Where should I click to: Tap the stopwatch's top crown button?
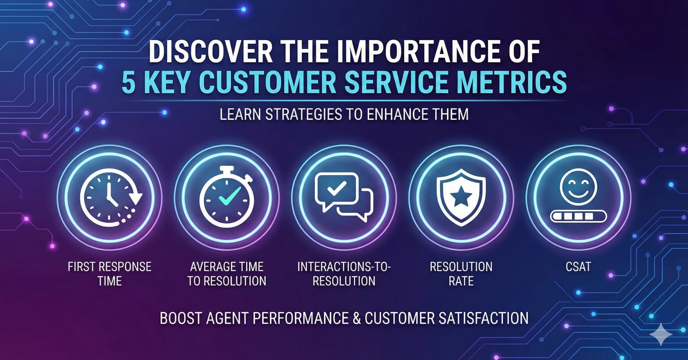point(226,170)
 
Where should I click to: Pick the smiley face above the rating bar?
point(578,187)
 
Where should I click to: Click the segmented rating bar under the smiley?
point(578,216)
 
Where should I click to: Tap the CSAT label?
point(578,267)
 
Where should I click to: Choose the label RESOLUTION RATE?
point(461,274)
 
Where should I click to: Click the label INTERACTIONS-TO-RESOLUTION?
point(344,274)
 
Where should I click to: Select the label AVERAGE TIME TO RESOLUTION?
point(227,274)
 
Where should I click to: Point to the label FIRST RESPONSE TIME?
point(110,274)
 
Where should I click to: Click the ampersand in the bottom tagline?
point(357,318)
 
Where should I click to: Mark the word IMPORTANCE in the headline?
point(408,52)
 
